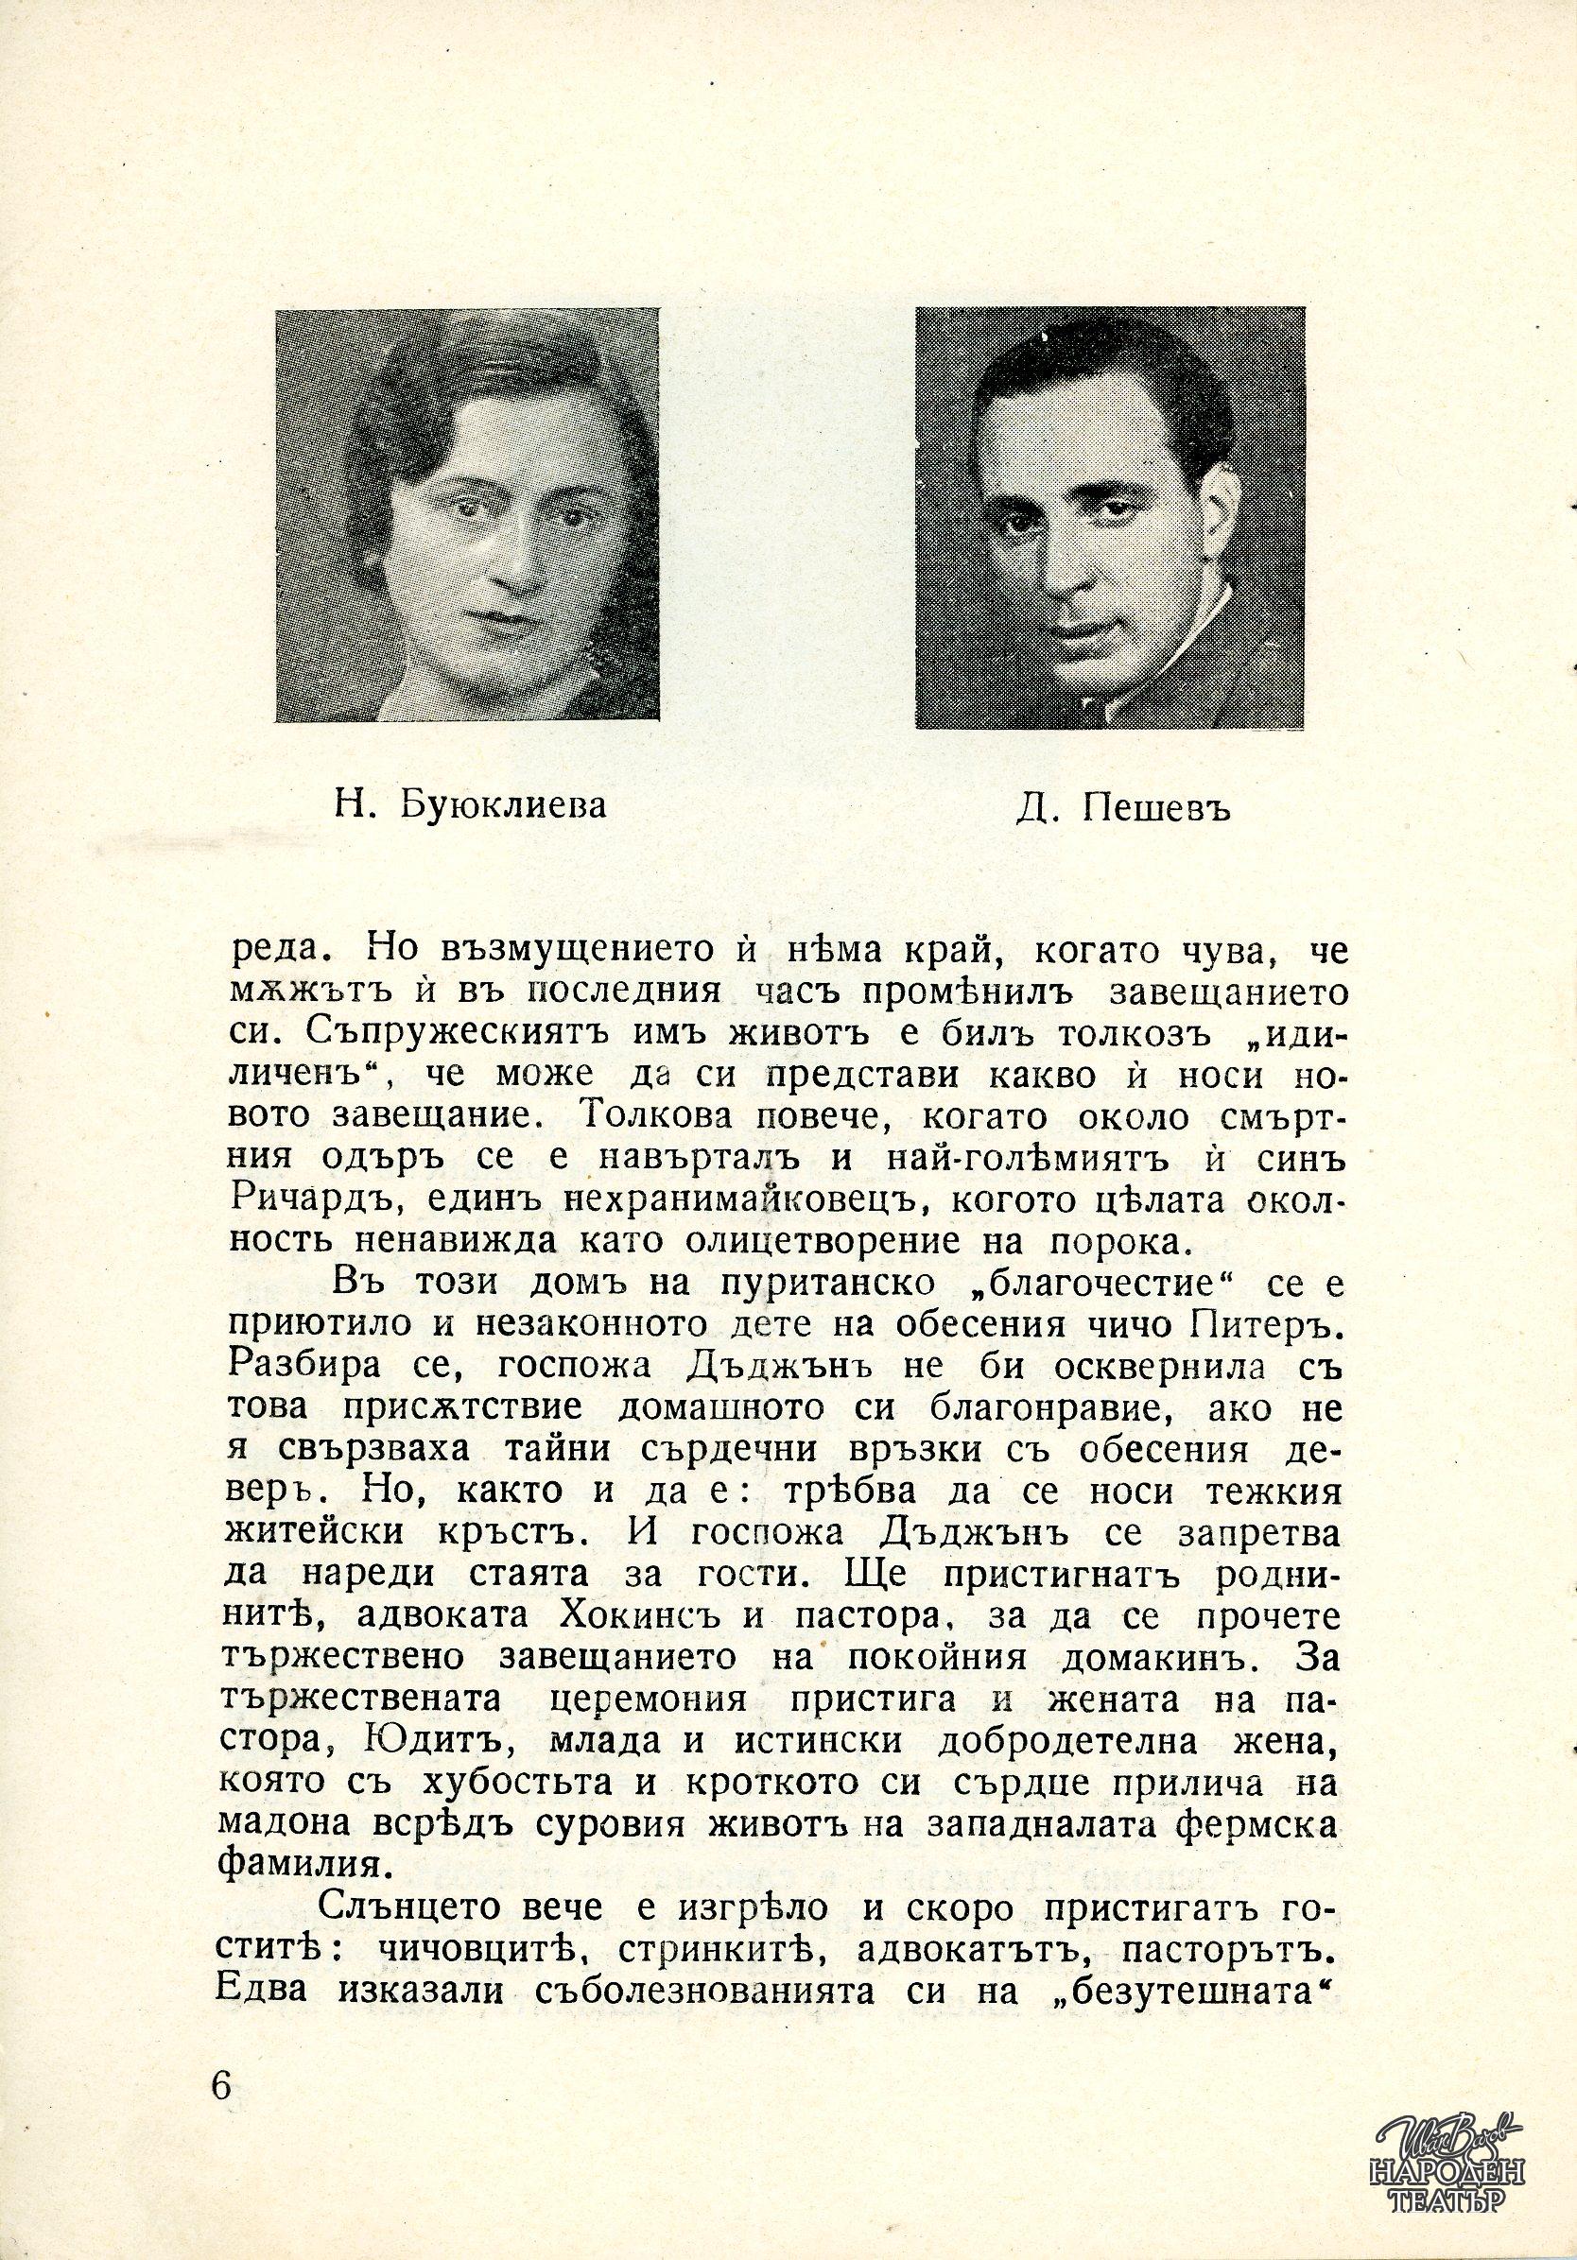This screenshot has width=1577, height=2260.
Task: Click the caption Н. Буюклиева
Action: point(468,806)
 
